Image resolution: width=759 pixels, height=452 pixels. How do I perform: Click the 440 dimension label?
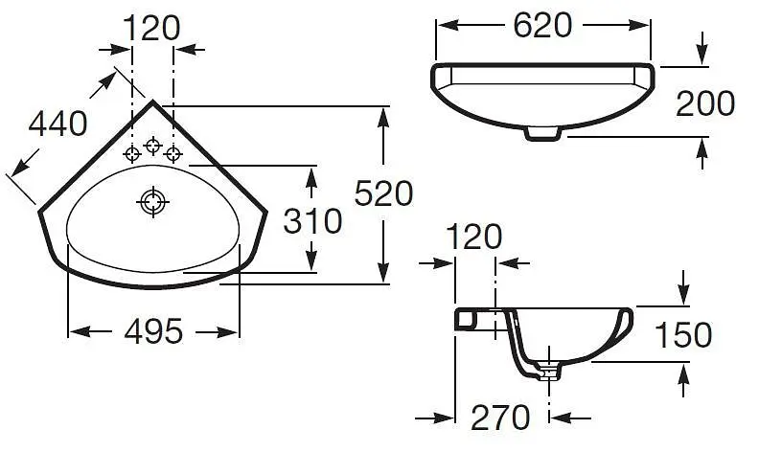click(x=58, y=124)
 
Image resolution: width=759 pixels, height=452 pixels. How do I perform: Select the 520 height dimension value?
click(x=384, y=193)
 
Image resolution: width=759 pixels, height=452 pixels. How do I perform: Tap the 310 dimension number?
click(x=312, y=221)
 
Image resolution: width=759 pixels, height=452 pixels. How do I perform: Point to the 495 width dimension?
click(x=154, y=331)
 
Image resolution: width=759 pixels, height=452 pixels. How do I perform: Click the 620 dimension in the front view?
click(x=542, y=25)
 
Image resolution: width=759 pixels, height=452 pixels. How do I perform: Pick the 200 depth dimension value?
click(x=705, y=103)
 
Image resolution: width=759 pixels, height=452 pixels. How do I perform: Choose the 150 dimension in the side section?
click(x=683, y=334)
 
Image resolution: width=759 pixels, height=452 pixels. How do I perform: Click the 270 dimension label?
click(x=500, y=418)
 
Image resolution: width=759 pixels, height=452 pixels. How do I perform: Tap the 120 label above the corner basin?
click(x=151, y=28)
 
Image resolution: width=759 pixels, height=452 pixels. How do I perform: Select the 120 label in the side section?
click(x=473, y=237)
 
